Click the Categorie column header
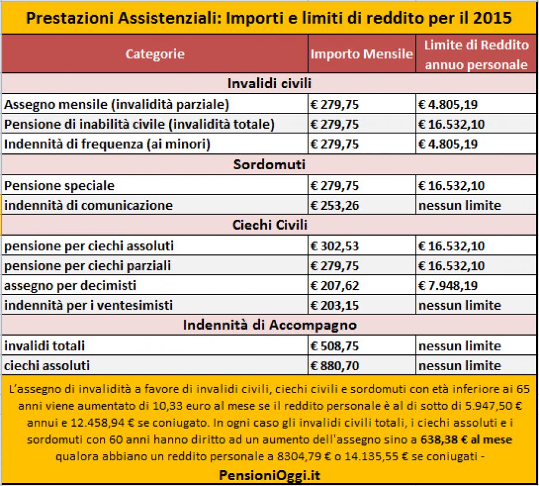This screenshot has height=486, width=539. pos(155,54)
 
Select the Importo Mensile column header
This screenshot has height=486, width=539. pos(362,54)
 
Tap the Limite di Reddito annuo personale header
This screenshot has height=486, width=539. pos(476,55)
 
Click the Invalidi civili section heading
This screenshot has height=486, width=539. pos(269,83)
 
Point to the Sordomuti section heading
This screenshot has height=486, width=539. pos(269,165)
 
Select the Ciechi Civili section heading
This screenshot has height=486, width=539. pos(270,225)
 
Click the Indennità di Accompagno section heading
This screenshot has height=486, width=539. pos(270,325)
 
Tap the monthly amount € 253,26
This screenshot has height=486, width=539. pos(335,205)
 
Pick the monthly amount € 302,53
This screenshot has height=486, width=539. pos(335,246)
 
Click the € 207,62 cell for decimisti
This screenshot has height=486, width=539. pos(335,286)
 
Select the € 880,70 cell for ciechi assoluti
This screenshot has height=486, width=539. pos(335,366)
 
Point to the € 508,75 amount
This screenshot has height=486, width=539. pos(335,346)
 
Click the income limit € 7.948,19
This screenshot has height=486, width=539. pos(448,286)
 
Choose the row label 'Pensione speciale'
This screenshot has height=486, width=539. pos(59,186)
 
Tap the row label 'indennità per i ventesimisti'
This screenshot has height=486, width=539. pos(88,306)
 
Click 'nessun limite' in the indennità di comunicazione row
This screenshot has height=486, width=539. pos(460,205)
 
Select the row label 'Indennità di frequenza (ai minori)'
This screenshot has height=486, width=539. pos(107,144)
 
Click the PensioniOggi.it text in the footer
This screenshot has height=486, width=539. pos(269,475)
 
